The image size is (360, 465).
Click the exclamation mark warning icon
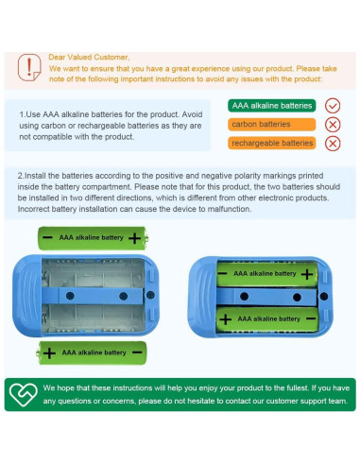click(29, 67)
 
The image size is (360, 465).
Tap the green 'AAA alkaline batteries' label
click(271, 106)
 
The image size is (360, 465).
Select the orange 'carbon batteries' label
click(271, 124)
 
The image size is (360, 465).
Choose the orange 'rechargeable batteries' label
click(271, 143)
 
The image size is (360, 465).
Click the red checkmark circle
click(333, 106)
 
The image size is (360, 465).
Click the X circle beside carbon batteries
click(333, 125)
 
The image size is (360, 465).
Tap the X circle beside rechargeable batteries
click(333, 144)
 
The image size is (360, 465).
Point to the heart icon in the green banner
click(23, 394)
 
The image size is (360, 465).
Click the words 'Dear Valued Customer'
click(88, 57)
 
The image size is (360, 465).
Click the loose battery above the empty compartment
click(93, 238)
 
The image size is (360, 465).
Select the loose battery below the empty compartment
click(92, 353)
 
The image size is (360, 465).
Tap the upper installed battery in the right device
click(267, 274)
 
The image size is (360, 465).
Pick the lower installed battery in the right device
click(267, 319)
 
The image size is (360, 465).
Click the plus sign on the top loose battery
click(134, 238)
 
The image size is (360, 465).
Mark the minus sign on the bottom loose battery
click(137, 353)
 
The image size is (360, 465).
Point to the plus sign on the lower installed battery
click(225, 319)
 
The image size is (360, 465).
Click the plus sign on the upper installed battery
click(307, 274)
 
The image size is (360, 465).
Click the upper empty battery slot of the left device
click(93, 273)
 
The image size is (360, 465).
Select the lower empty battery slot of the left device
click(93, 319)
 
